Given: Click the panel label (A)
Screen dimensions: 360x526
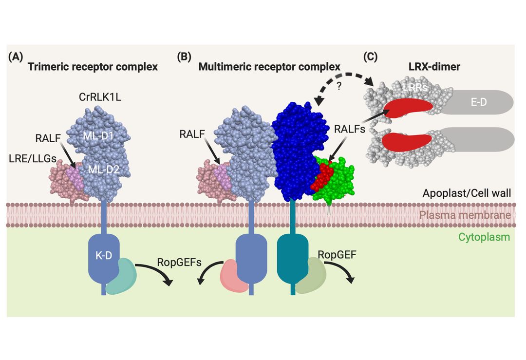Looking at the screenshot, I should point(16,57).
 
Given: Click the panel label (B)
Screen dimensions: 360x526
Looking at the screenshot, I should point(185,57).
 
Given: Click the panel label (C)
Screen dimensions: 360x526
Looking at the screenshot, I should point(370,57).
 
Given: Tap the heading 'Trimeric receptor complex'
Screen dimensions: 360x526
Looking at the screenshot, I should point(93,67).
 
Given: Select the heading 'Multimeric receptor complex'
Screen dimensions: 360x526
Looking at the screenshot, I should point(269,67).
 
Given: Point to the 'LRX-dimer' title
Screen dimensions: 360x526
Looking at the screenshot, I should point(435,67).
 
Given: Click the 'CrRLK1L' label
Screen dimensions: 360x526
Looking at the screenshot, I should point(100,97).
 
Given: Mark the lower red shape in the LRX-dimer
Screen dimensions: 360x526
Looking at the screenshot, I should point(407,141).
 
